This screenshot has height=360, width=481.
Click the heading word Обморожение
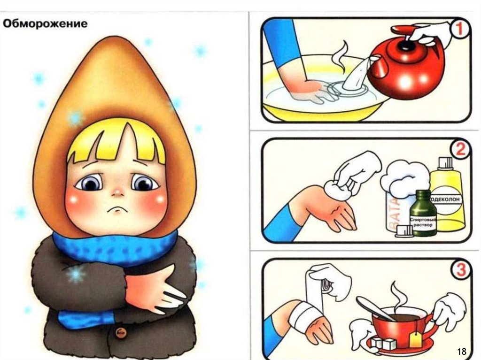[x=45, y=23]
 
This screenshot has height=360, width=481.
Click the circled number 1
[x=459, y=30]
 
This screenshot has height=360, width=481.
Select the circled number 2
[x=460, y=150]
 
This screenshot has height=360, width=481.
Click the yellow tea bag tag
[x=415, y=339]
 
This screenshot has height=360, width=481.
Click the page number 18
[x=461, y=351]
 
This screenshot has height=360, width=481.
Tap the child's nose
[x=117, y=192]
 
